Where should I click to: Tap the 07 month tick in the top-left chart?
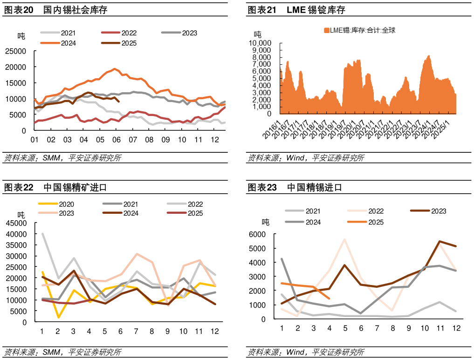click(x=133, y=140)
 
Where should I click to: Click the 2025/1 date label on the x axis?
click(x=442, y=129)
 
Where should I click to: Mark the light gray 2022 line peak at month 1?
click(x=42, y=234)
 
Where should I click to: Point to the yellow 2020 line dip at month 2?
click(x=58, y=318)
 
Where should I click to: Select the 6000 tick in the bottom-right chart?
click(x=269, y=234)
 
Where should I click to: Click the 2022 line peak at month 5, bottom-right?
click(x=344, y=239)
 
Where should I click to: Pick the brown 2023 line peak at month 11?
click(x=440, y=241)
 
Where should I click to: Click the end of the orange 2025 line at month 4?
click(x=329, y=299)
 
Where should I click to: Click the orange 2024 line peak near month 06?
click(x=114, y=69)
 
